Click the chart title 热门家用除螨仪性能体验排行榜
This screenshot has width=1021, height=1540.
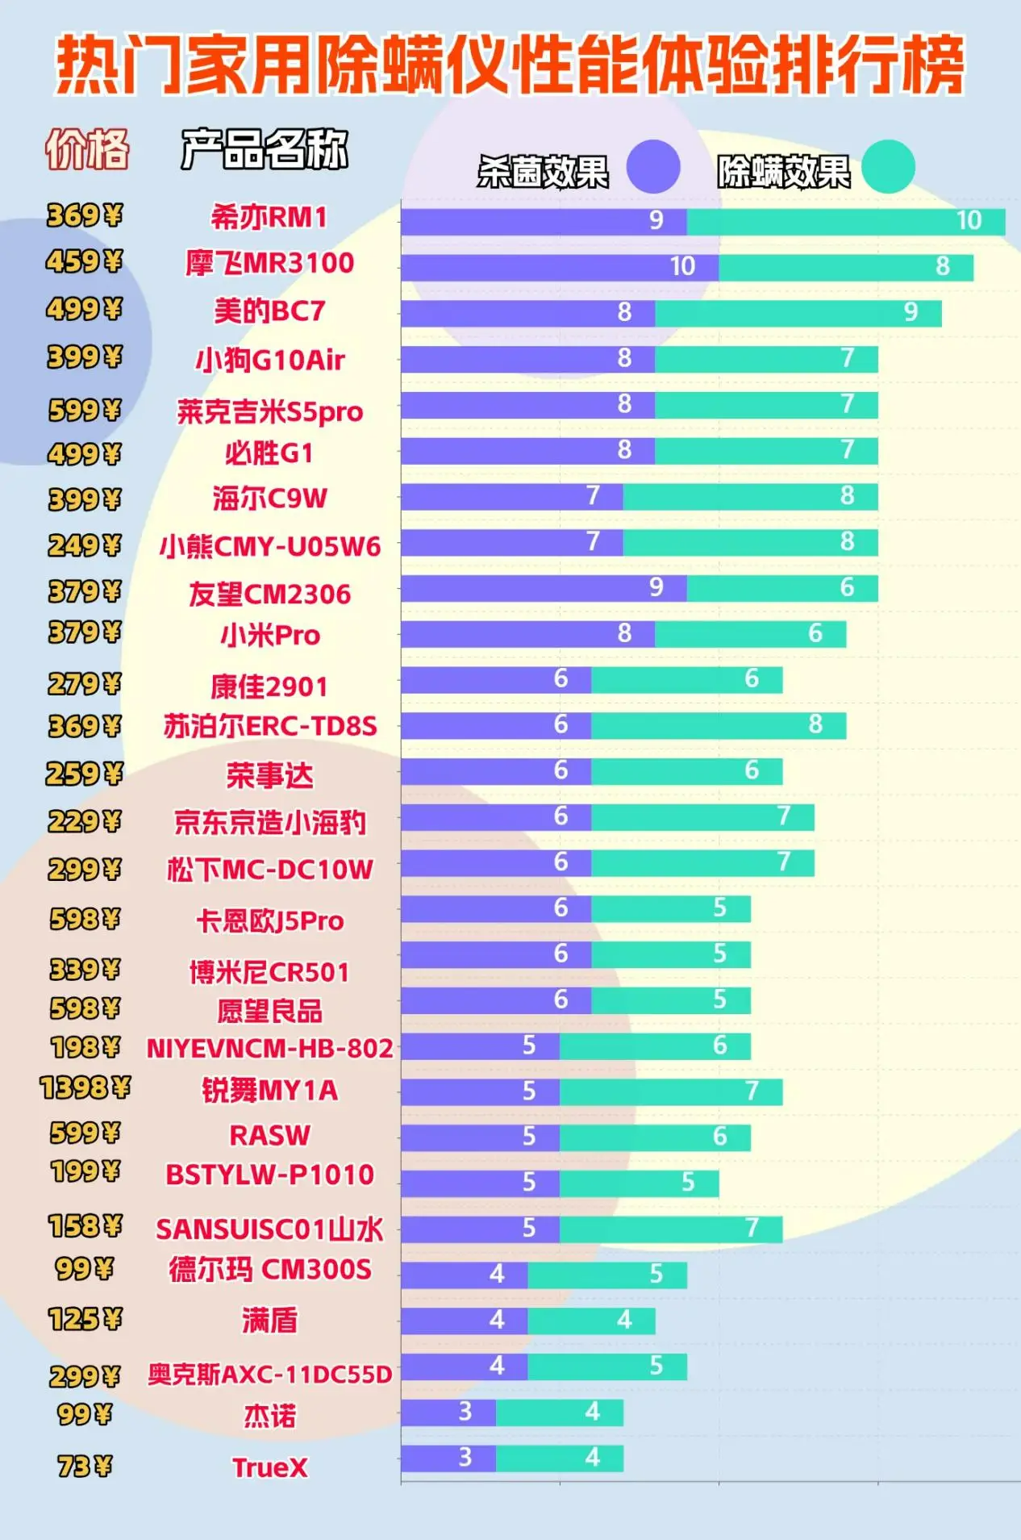click(x=510, y=65)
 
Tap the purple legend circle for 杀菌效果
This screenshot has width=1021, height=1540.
click(x=653, y=167)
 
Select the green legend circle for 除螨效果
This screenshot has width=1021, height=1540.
click(x=888, y=167)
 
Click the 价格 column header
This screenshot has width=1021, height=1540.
click(x=87, y=149)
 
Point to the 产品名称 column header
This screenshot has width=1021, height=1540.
click(x=265, y=149)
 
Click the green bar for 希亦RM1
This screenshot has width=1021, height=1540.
click(x=845, y=222)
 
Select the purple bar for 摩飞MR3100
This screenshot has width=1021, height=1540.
click(x=559, y=268)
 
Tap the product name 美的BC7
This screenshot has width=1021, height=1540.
click(x=269, y=311)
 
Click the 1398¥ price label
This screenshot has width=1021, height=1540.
click(x=85, y=1088)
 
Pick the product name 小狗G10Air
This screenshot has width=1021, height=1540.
click(x=270, y=360)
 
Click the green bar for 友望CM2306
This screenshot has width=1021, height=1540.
click(x=781, y=588)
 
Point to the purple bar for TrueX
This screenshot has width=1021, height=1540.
click(x=448, y=1458)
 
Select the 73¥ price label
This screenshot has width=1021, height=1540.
click(x=85, y=1466)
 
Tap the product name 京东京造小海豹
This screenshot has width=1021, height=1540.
click(x=270, y=823)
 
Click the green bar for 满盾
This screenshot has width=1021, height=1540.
click(x=591, y=1321)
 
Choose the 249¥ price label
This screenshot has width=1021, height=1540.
click(x=85, y=546)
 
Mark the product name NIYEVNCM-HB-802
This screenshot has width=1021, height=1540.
click(x=270, y=1048)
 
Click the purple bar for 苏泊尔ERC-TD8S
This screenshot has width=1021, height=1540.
click(x=496, y=725)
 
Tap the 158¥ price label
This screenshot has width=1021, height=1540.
click(x=85, y=1226)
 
